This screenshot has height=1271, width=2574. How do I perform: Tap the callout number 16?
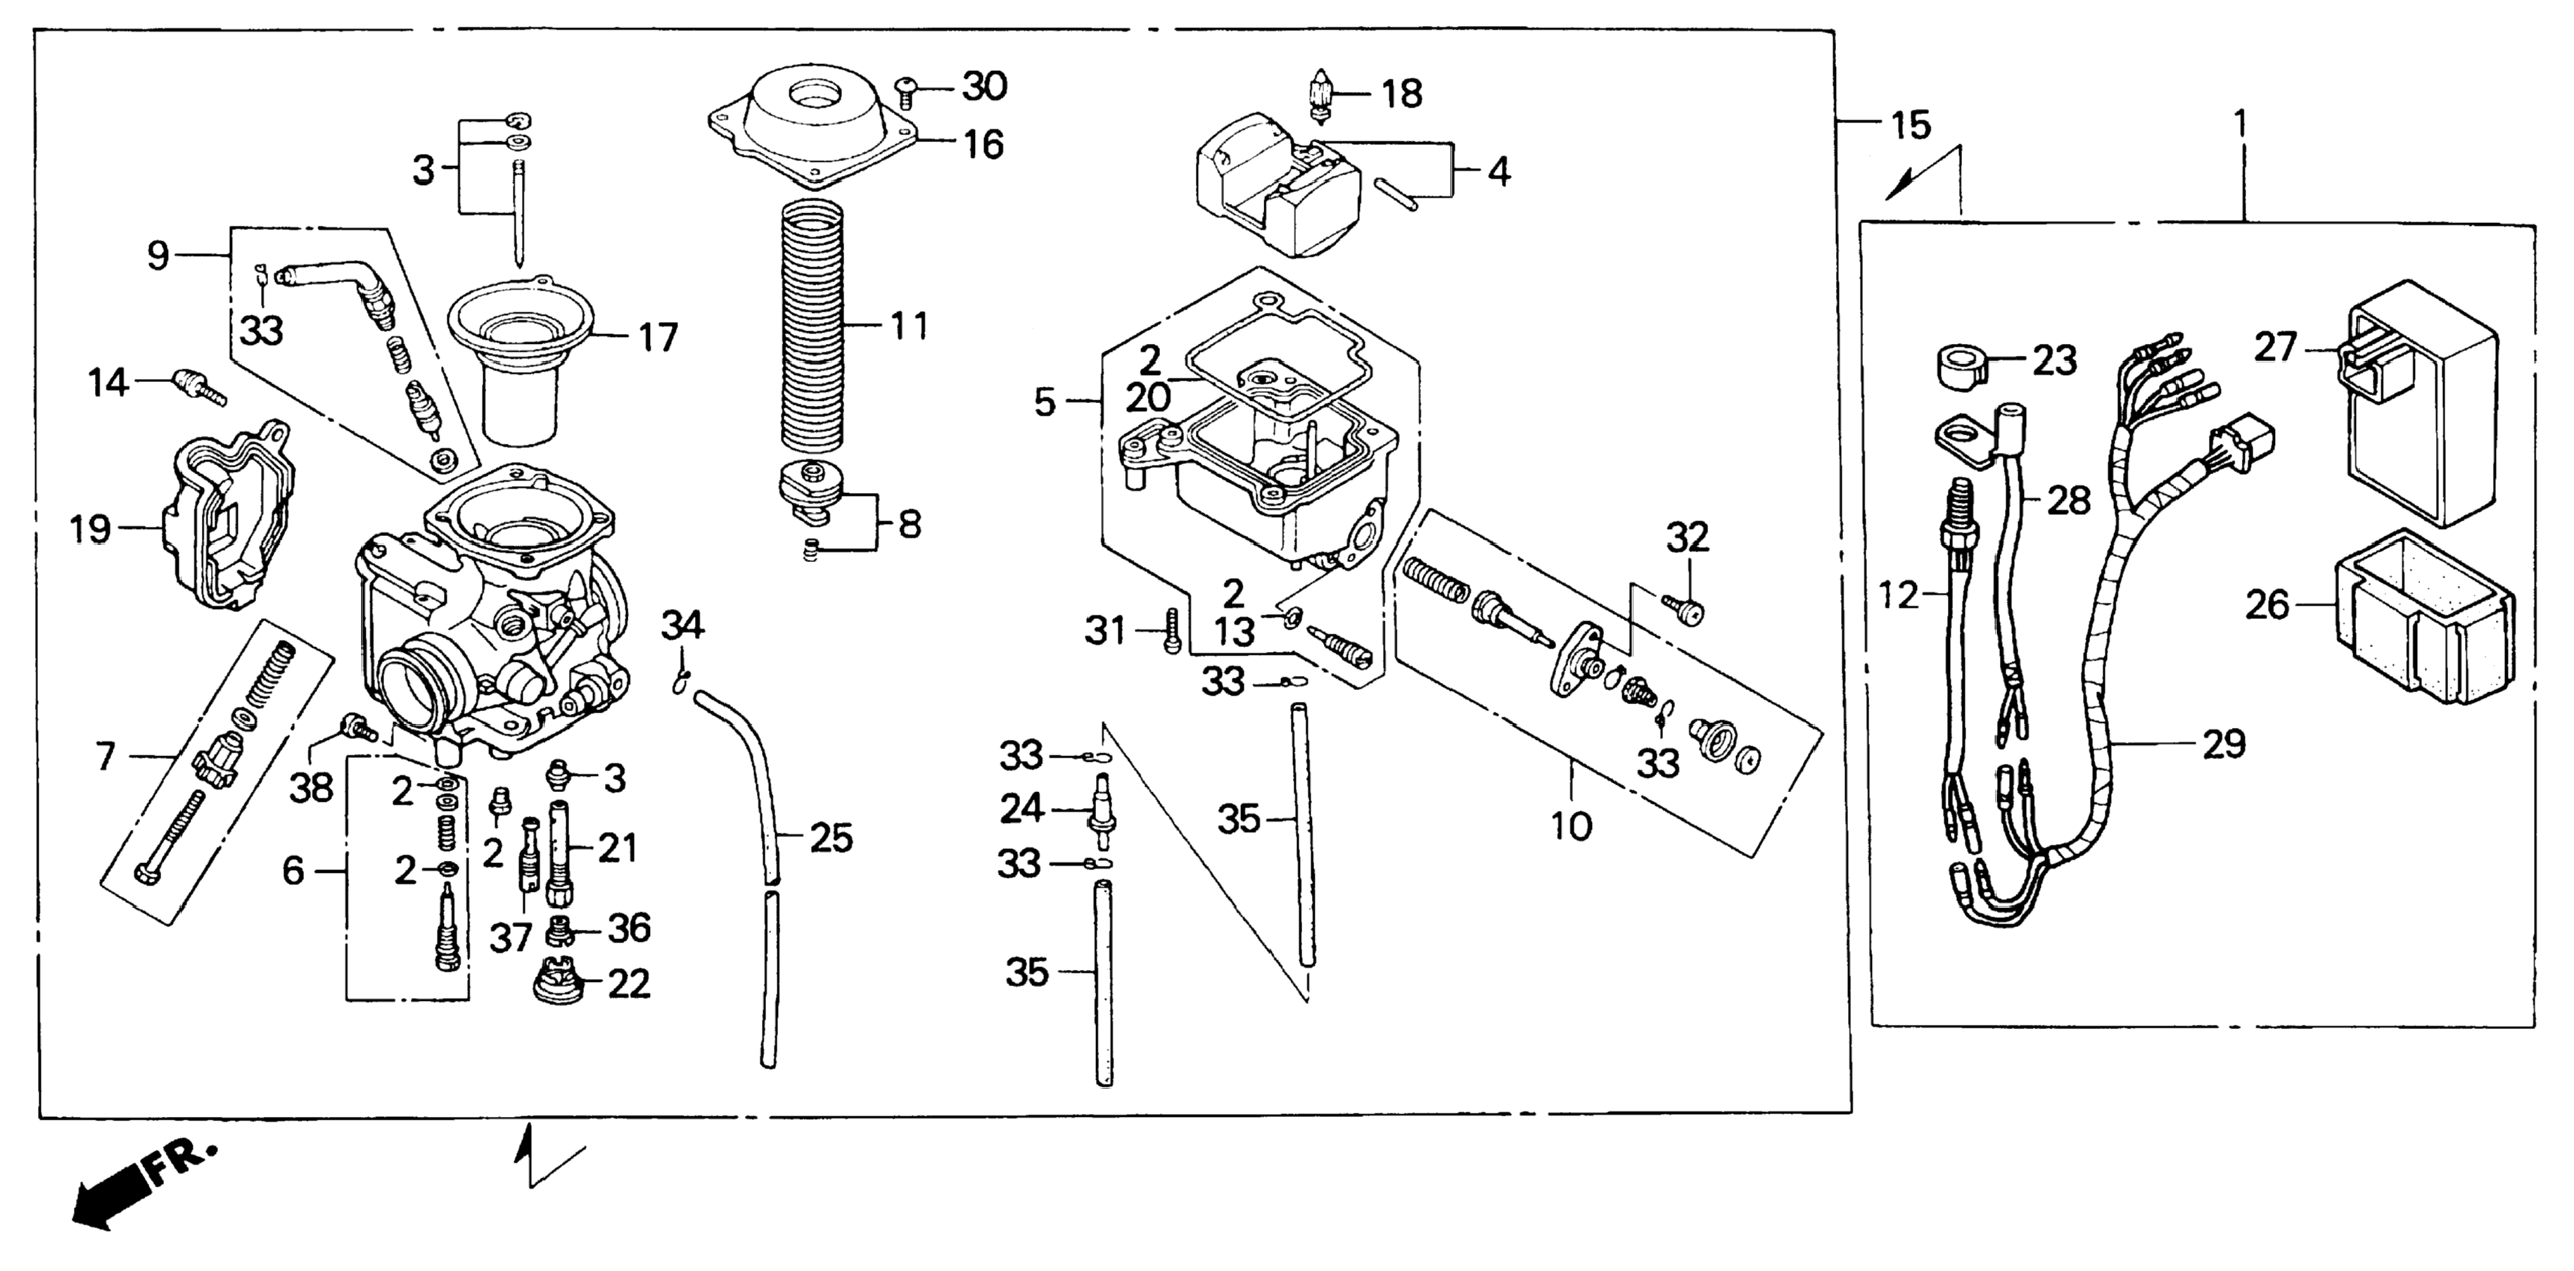pyautogui.click(x=983, y=145)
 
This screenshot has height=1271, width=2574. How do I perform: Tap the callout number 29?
pyautogui.click(x=2224, y=744)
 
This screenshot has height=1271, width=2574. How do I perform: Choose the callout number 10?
pyautogui.click(x=1571, y=826)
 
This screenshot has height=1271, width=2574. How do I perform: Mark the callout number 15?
pyautogui.click(x=1911, y=127)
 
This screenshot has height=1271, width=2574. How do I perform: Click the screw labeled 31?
pyautogui.click(x=1172, y=632)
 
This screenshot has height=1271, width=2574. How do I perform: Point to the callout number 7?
pyautogui.click(x=106, y=756)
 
